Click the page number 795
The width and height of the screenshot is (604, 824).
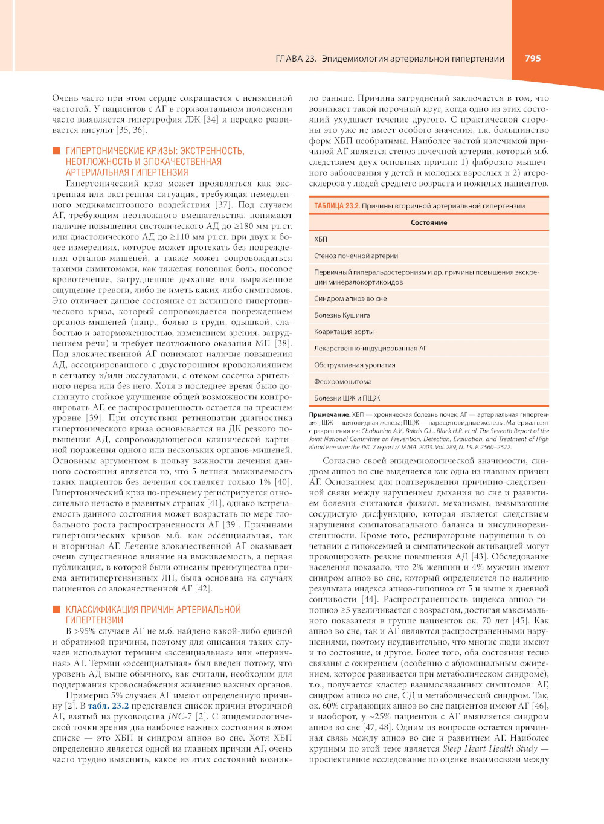[532, 59]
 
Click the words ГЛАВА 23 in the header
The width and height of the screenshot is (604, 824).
[295, 59]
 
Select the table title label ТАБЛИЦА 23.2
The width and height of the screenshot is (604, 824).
[336, 206]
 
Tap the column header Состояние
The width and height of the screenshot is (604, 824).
[429, 222]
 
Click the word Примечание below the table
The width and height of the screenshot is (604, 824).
[329, 415]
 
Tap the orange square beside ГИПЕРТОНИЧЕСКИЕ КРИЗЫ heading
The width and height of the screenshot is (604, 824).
[56, 151]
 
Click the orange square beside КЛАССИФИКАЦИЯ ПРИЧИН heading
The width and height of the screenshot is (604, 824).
[56, 610]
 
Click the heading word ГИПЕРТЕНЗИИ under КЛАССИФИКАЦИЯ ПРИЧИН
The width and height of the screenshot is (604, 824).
[94, 620]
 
